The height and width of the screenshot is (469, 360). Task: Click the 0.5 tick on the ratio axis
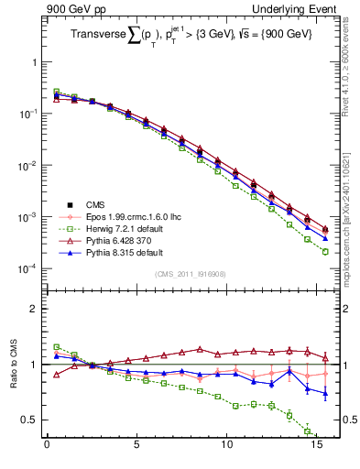click(x=29, y=420)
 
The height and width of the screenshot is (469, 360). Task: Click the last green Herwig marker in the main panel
click(x=325, y=252)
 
